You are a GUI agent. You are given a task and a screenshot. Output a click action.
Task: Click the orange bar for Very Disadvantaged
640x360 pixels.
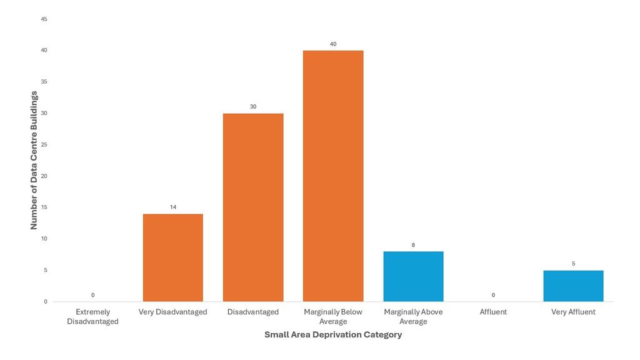click(173, 257)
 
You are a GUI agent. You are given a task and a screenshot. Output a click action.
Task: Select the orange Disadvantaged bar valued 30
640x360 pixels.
click(253, 207)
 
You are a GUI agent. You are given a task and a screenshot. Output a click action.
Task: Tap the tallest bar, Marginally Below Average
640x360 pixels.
click(333, 176)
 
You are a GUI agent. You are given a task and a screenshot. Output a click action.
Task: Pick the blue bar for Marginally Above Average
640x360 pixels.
click(413, 276)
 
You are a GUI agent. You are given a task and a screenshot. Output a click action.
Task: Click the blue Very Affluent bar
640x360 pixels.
click(573, 286)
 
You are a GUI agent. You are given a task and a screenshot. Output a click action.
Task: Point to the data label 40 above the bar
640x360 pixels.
click(333, 44)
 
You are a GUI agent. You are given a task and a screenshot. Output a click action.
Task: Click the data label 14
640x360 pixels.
click(173, 207)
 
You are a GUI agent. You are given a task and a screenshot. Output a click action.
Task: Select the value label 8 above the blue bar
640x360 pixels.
click(413, 245)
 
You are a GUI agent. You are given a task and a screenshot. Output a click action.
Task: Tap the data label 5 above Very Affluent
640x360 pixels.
click(573, 264)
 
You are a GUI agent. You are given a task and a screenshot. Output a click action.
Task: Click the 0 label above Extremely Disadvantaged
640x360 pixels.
click(92, 295)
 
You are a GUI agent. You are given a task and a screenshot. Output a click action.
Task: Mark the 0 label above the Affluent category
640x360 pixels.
click(493, 295)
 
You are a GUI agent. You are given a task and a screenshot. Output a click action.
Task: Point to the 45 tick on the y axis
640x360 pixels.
click(44, 19)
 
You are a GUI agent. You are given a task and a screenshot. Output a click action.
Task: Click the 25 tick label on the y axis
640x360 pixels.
click(44, 145)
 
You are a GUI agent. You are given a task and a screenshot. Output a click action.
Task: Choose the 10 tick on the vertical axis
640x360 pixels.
click(44, 239)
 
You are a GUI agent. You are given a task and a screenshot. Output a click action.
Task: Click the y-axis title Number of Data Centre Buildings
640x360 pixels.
click(34, 160)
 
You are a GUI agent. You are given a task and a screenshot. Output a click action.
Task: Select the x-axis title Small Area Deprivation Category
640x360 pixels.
click(332, 335)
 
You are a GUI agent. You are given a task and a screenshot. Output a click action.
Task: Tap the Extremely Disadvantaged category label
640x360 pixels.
click(92, 317)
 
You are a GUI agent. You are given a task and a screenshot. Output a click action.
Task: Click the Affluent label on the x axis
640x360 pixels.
click(493, 312)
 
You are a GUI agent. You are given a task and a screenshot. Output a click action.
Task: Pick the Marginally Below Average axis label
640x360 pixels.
click(333, 317)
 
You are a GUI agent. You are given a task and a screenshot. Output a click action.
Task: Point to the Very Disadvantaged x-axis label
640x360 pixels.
click(173, 312)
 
